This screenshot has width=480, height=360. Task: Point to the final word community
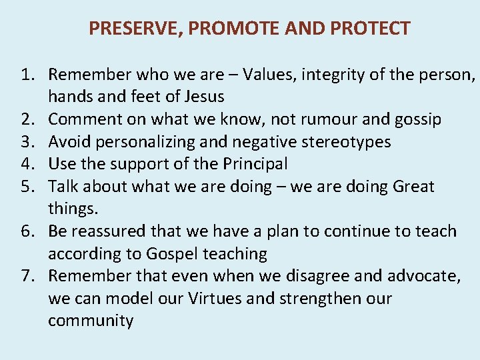tap(91, 321)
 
